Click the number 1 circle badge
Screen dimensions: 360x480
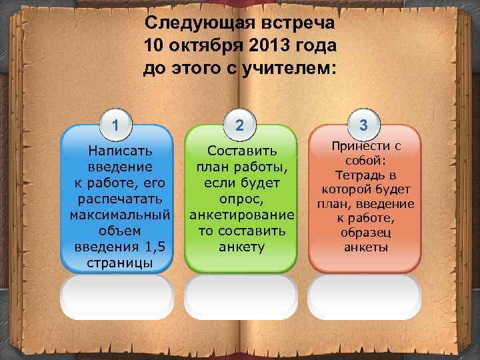point(116,125)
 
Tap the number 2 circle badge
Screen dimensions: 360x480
point(240,125)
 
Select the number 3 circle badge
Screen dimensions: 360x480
point(363,125)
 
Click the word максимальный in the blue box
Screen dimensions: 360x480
point(117,215)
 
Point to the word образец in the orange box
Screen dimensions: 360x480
point(364,233)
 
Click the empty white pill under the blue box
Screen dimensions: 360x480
point(117,294)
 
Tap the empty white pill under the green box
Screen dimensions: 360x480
point(240,294)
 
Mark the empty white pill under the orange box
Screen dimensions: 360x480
point(364,294)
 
